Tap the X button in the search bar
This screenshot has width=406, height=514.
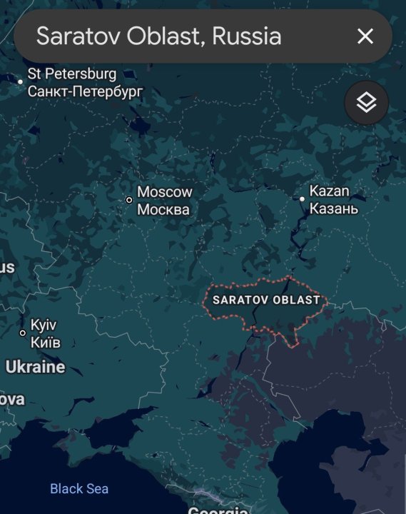pyautogui.click(x=365, y=36)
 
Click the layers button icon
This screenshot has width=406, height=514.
pyautogui.click(x=366, y=103)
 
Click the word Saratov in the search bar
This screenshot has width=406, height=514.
pyautogui.click(x=79, y=36)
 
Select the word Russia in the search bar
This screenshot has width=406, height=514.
pyautogui.click(x=246, y=36)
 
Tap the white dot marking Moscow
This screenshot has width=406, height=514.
pyautogui.click(x=129, y=200)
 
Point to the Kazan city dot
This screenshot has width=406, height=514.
pyautogui.click(x=303, y=199)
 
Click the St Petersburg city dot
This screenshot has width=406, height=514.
pyautogui.click(x=21, y=82)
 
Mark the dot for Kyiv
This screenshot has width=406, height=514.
pyautogui.click(x=23, y=333)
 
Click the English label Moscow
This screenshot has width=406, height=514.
pyautogui.click(x=165, y=192)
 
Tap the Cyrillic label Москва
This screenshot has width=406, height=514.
pyautogui.click(x=163, y=210)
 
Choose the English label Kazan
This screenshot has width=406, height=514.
pyautogui.click(x=330, y=191)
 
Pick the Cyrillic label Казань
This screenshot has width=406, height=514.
pyautogui.click(x=334, y=209)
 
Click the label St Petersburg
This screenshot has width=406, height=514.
pyautogui.click(x=71, y=74)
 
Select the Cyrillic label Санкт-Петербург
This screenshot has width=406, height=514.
pyautogui.click(x=85, y=91)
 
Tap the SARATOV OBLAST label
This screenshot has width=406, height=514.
pyautogui.click(x=266, y=301)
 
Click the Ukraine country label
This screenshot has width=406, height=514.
pyautogui.click(x=35, y=368)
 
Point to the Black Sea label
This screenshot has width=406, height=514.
pyautogui.click(x=79, y=489)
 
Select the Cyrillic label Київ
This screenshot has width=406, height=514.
pyautogui.click(x=46, y=343)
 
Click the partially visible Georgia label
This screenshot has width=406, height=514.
pyautogui.click(x=218, y=510)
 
